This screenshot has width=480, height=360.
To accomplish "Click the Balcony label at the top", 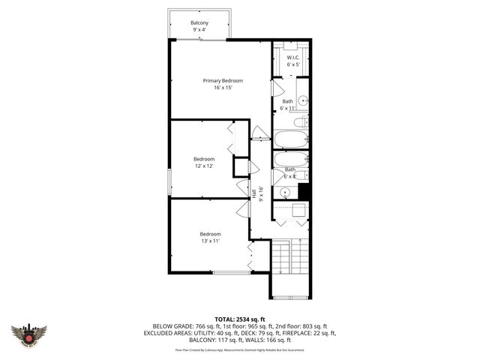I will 199,23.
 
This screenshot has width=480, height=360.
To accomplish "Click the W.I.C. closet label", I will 293,57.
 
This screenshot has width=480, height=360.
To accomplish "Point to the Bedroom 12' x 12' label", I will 204,159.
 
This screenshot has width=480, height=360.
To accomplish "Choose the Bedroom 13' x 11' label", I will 209,234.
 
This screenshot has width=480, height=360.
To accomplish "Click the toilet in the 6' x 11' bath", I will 299,122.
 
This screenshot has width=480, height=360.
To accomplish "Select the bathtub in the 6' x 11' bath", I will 291,139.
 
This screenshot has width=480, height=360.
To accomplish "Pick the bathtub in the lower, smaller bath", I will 290,159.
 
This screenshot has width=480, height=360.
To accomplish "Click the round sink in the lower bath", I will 285,192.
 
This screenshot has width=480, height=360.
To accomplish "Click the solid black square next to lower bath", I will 304,191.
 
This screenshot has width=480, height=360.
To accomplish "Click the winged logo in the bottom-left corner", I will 29,334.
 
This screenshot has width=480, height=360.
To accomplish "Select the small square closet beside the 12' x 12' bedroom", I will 241,166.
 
